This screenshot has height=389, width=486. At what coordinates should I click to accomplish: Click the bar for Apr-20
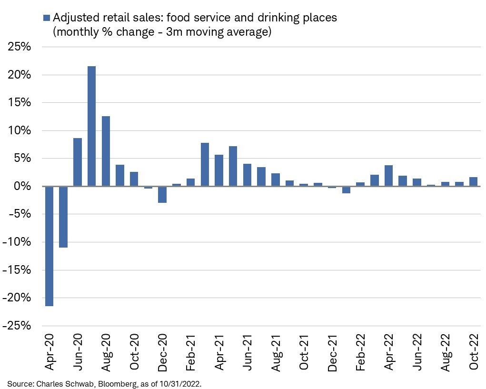click(49, 246)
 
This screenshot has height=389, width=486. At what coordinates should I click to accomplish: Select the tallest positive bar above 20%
click(91, 126)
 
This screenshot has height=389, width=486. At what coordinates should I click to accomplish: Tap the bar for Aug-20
click(106, 151)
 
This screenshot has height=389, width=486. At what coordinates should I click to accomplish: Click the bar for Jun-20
click(78, 162)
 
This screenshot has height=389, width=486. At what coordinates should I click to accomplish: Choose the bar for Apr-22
click(388, 176)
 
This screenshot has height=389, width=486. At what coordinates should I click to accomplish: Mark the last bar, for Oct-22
click(473, 181)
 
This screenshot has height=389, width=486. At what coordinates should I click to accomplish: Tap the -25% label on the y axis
click(18, 326)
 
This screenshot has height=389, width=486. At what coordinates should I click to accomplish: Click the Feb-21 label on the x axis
click(191, 351)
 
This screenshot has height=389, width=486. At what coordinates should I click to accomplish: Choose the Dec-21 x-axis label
click(332, 351)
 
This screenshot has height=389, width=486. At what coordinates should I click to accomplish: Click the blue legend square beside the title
click(46, 18)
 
